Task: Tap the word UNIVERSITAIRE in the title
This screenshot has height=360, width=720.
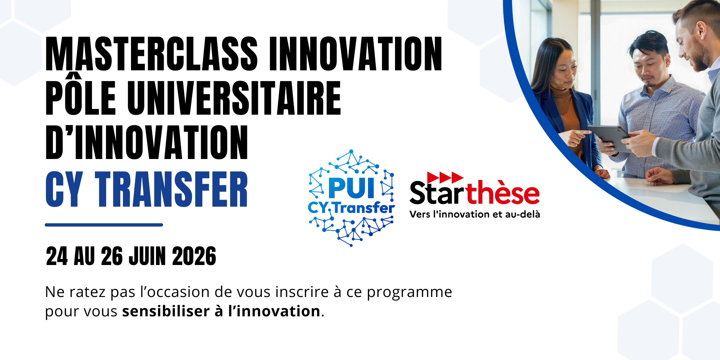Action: (234, 98)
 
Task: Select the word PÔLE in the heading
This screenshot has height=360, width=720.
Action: (81, 94)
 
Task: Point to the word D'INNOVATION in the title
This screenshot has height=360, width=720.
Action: (147, 142)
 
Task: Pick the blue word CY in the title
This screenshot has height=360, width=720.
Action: (64, 189)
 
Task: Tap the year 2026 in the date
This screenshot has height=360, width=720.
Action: (194, 256)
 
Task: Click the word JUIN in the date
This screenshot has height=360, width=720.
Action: (147, 256)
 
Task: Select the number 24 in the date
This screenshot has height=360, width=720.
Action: (57, 256)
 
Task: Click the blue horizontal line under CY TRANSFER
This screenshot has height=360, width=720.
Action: (104, 225)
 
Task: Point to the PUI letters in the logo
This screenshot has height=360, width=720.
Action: (351, 188)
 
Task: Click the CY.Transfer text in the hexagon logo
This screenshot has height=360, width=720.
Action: (351, 208)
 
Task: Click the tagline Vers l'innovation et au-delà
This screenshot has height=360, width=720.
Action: (475, 214)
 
